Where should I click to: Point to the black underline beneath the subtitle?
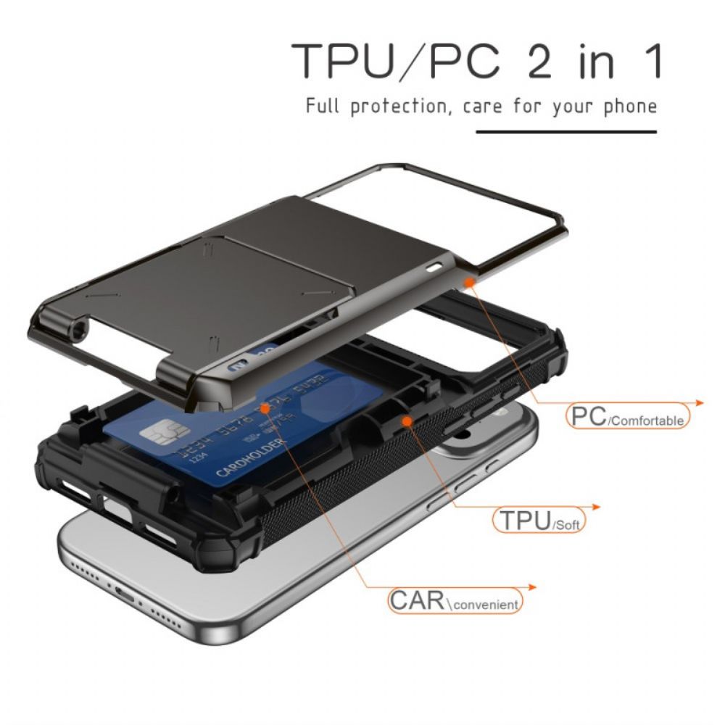[565, 132]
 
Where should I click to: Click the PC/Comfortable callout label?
[628, 418]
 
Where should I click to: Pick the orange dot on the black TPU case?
[407, 420]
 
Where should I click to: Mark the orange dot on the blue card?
[265, 409]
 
